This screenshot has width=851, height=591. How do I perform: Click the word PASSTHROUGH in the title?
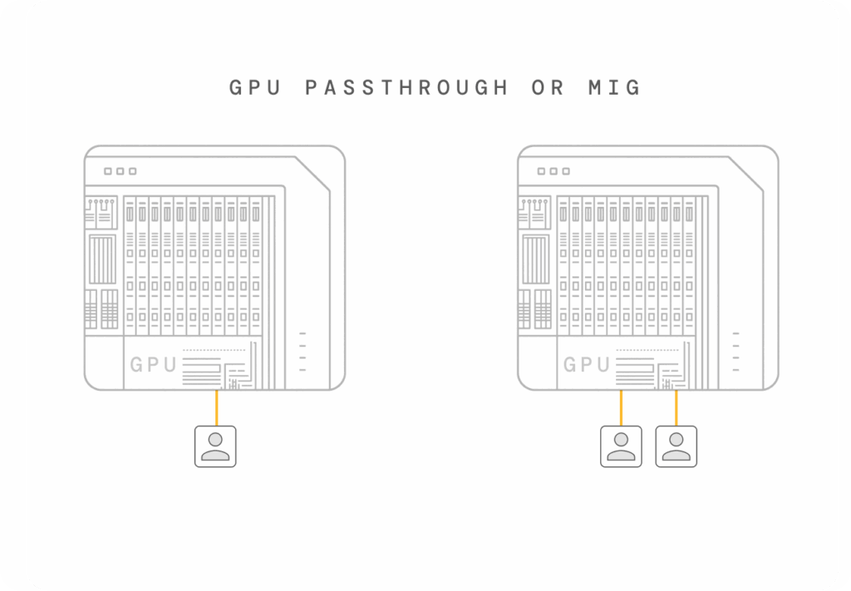tap(406, 87)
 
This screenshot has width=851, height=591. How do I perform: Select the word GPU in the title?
tap(257, 87)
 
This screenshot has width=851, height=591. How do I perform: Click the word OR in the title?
tap(547, 87)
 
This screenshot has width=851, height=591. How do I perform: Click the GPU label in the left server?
tap(153, 364)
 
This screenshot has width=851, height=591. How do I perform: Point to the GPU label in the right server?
tap(587, 364)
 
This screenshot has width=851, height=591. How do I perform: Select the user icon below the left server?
tap(215, 446)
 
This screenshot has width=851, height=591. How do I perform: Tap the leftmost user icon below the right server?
tap(621, 446)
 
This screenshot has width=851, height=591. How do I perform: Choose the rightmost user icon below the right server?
tap(676, 446)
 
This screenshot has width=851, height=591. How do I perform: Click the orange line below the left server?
tap(216, 407)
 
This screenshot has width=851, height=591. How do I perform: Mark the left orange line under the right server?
tap(621, 407)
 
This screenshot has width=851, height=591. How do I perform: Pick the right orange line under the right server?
tap(676, 407)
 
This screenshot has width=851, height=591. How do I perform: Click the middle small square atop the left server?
tap(120, 171)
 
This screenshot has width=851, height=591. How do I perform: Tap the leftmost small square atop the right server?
tap(541, 171)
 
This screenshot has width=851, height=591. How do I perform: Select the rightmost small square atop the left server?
tap(132, 171)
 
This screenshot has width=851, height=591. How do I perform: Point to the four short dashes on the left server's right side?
tap(302, 352)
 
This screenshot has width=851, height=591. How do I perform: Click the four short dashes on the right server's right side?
tap(735, 352)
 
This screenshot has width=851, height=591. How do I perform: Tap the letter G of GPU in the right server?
tap(571, 364)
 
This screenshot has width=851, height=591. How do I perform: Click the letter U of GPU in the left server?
tap(170, 364)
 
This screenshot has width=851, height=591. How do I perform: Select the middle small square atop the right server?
tap(553, 171)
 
